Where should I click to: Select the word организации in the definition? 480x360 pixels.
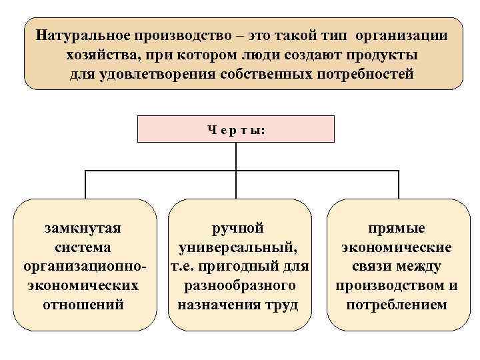pyautogui.click(x=403, y=34)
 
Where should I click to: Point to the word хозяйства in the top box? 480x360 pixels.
pyautogui.click(x=102, y=54)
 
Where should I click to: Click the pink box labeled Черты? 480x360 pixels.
pyautogui.click(x=236, y=129)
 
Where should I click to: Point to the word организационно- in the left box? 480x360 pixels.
pyautogui.click(x=83, y=267)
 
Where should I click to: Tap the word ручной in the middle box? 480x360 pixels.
pyautogui.click(x=238, y=229)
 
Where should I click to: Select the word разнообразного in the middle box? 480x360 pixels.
pyautogui.click(x=238, y=286)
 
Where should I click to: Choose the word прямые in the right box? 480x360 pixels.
pyautogui.click(x=397, y=229)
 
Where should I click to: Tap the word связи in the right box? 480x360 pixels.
pyautogui.click(x=371, y=267)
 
